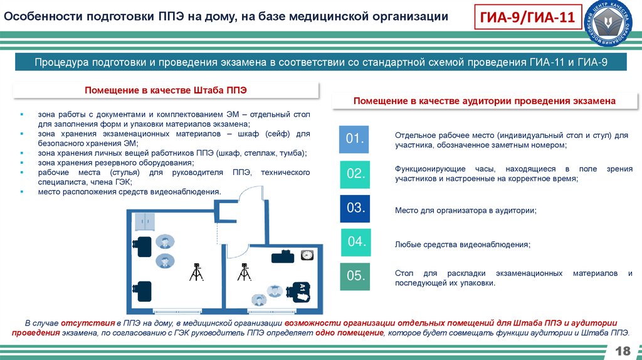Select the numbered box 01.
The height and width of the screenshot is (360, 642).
coord(355,139)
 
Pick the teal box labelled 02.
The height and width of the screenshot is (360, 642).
coord(355,174)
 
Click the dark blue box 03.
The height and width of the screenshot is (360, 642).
coord(355,208)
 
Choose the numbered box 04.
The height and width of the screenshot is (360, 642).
coord(356,242)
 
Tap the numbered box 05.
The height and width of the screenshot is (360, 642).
coord(355,276)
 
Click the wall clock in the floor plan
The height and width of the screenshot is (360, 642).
coord(307,255)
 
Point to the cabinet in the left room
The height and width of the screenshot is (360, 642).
coord(145,221)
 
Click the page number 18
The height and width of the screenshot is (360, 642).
coord(623,351)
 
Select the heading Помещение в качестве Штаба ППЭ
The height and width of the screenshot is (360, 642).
coord(166,90)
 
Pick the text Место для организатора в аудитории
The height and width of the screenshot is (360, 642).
coord(466,210)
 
